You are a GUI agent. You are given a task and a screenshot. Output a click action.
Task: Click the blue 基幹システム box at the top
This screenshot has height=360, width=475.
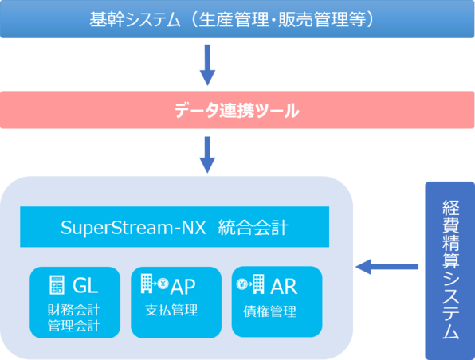[x=237, y=19]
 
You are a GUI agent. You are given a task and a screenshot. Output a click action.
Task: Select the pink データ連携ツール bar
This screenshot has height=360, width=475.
[x=237, y=110]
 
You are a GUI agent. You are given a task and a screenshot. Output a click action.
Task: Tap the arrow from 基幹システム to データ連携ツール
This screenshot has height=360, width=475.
[x=207, y=65]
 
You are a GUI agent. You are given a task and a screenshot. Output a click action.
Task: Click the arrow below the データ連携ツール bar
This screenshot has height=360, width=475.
[x=207, y=155]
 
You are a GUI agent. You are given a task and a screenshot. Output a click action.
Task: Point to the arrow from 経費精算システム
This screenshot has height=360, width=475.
[x=387, y=267]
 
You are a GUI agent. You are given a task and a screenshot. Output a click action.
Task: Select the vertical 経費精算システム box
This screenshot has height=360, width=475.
[x=449, y=271]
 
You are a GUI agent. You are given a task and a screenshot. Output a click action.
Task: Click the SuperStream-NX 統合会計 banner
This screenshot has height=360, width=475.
[x=175, y=227]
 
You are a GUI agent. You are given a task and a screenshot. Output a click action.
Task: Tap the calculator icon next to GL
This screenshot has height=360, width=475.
[x=57, y=285]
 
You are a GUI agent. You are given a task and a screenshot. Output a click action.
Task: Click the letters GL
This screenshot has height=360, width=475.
[x=85, y=285]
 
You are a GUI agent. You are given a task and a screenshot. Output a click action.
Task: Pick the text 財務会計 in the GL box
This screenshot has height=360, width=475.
[x=74, y=310]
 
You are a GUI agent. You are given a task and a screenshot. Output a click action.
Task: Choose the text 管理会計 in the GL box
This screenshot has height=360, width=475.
[x=74, y=326]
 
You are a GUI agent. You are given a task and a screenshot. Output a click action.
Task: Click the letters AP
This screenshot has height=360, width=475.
[x=183, y=287]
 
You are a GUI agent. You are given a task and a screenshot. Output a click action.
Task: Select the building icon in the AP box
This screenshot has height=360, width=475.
[x=147, y=284]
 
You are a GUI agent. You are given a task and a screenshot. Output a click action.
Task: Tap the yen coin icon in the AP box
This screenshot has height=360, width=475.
[x=163, y=284]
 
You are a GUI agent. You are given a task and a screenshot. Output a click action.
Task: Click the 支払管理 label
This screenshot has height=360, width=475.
[x=171, y=310]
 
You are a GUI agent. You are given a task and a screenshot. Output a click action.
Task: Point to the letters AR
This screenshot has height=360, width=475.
[x=284, y=287]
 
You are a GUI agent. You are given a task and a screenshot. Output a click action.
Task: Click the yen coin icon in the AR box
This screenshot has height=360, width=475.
[x=242, y=284]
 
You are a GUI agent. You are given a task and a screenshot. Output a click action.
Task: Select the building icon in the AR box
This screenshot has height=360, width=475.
[x=258, y=284]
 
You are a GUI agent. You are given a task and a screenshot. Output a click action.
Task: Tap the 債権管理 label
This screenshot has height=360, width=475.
[x=270, y=311]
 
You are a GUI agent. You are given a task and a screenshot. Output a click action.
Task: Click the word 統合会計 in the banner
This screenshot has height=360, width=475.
[x=253, y=228]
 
